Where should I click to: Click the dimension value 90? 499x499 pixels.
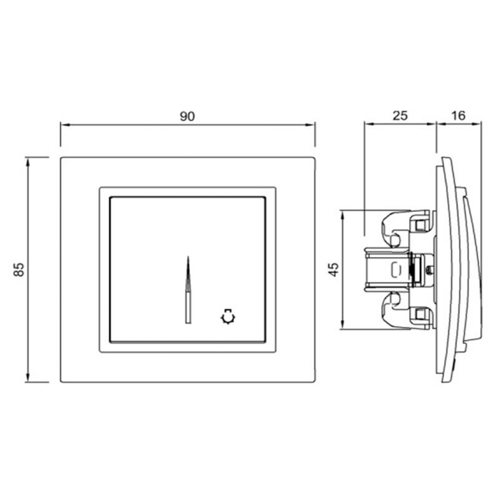tap(187, 117)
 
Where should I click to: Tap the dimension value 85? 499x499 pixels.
tap(19, 269)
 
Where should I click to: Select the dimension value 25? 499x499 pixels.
tap(400, 115)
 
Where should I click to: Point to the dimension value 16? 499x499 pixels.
tap(458, 115)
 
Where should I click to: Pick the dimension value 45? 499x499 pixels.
tap(334, 269)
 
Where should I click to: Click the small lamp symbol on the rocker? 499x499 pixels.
tap(228, 317)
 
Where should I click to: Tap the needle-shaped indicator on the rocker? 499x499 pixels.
tap(188, 290)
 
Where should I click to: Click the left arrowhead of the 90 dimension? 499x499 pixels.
tap(65, 125)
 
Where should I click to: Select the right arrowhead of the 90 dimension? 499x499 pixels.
tap(310, 125)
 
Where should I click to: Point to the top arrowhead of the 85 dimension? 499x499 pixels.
tap(27, 162)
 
